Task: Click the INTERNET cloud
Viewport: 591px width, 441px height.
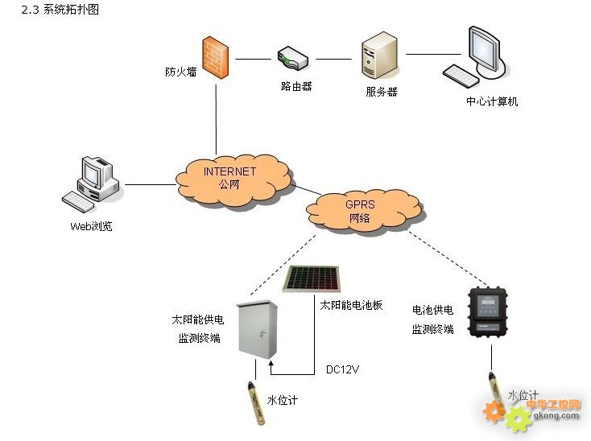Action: pos(232,177)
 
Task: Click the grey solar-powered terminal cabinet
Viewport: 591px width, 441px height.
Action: pos(257,330)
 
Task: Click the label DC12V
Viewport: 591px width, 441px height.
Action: pos(343,369)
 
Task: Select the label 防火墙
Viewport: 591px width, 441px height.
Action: pos(181,72)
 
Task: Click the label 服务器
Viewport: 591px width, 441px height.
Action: pos(382,92)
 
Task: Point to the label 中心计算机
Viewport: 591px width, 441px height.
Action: pos(492,101)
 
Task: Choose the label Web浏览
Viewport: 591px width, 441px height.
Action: pos(91,226)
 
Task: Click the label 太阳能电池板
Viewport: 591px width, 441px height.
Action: pos(350,305)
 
